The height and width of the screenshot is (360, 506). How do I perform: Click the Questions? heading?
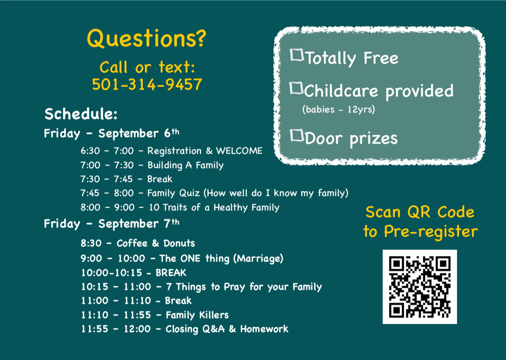pos(147,38)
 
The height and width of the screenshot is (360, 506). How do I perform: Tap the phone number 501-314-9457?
pos(147,84)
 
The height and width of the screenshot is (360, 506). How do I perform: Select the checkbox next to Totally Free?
pos(297,55)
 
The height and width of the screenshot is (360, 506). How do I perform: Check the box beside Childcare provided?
pos(296,88)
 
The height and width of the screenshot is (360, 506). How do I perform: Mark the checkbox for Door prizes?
pos(297,135)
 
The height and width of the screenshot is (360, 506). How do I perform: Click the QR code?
pos(419,287)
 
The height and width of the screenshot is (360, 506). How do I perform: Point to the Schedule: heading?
pos(81,114)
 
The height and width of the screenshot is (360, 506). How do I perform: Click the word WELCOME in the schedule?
pos(239,151)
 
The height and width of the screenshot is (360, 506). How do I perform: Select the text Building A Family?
pos(185,165)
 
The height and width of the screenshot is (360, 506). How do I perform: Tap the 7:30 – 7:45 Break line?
pos(126,179)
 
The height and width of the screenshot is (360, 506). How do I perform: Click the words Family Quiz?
pos(174,193)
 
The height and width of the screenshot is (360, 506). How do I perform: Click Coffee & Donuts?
pos(156,243)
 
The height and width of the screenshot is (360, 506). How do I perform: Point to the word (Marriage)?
pos(258,258)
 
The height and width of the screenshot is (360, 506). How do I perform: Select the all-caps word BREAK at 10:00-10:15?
pos(171,273)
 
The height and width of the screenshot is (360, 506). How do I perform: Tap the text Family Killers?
pos(197,315)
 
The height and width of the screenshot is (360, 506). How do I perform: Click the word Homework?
pos(264,329)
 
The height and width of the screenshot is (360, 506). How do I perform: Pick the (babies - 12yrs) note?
pos(338,109)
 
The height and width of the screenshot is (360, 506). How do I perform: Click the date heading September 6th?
pos(139,133)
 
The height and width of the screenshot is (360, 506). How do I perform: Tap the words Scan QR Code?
pos(420,212)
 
